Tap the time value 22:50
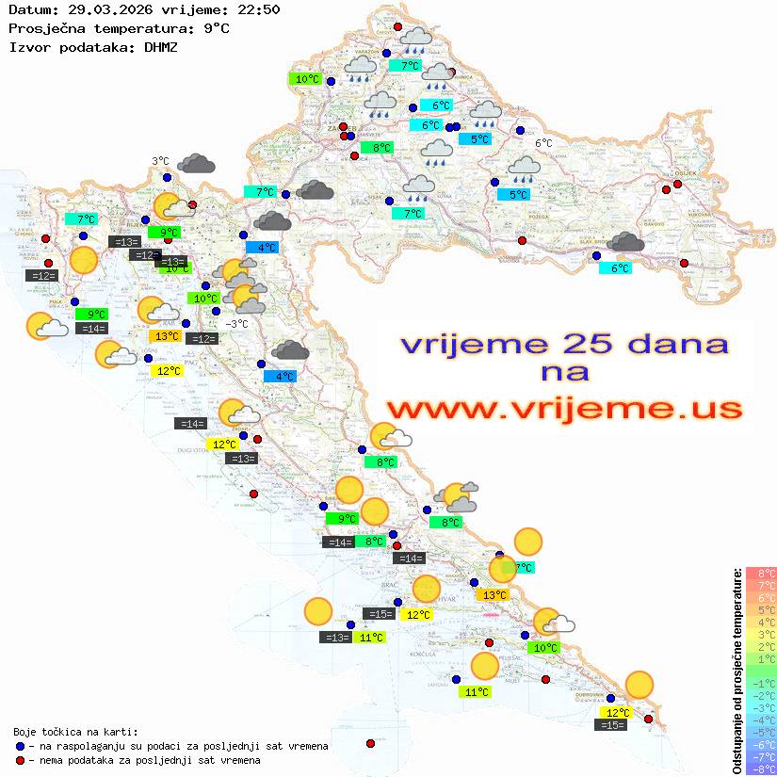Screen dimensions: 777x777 point(258,10)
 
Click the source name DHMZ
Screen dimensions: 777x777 point(160,46)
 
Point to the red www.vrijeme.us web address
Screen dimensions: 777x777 point(564,409)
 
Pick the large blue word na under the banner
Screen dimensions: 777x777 point(564,373)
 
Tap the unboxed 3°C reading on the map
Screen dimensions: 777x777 point(160,161)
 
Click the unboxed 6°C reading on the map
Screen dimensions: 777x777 point(543,143)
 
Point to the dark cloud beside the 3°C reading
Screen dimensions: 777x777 point(196,164)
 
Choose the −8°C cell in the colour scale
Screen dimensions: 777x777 point(760,769)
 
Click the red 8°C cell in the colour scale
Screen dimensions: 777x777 point(760,574)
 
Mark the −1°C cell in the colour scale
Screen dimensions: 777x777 point(760,683)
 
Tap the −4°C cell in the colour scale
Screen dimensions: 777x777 point(760,720)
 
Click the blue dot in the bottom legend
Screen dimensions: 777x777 point(21,746)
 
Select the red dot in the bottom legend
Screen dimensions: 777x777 point(21,760)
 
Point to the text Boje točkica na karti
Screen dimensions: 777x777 point(75,732)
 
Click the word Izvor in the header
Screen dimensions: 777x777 point(28,46)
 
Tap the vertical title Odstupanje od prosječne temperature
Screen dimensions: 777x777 point(737,672)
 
